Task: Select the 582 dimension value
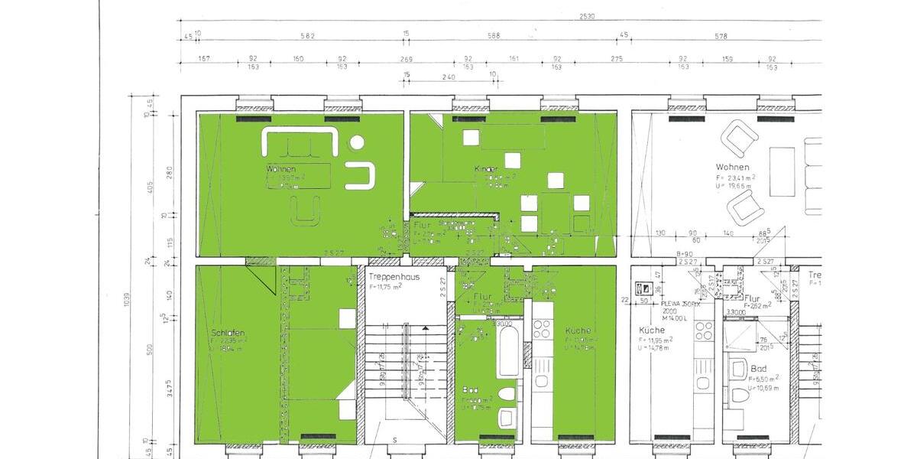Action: [308, 35]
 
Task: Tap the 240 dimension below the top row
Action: [449, 76]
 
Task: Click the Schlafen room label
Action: [228, 333]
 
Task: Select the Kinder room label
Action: [486, 168]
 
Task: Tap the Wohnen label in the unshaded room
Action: [732, 167]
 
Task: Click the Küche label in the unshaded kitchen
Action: [652, 330]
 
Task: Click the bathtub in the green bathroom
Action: [509, 352]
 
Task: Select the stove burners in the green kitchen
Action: [542, 329]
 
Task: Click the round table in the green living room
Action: [356, 142]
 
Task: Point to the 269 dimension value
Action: [405, 58]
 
